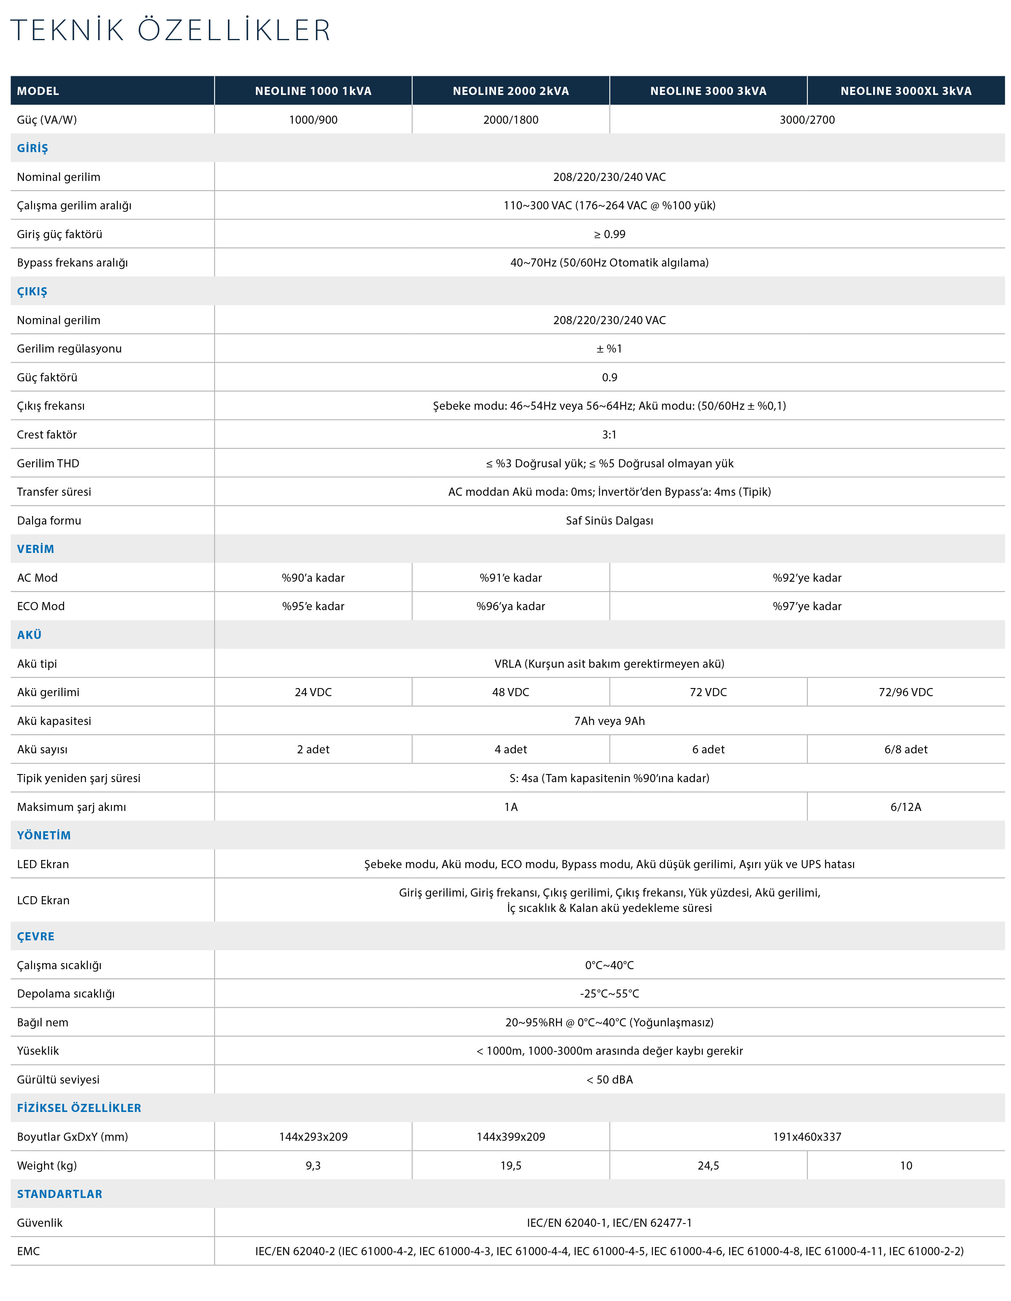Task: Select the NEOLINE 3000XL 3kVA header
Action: (x=905, y=91)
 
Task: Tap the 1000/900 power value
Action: (x=313, y=120)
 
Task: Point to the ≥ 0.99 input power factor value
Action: (x=609, y=234)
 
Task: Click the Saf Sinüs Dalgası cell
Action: (x=609, y=520)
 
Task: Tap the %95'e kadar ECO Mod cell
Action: (x=313, y=606)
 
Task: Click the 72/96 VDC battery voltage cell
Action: (x=905, y=692)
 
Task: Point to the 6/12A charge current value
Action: (x=905, y=807)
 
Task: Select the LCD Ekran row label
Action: (x=43, y=900)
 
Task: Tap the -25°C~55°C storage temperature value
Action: (x=609, y=993)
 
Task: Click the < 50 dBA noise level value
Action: (x=609, y=1080)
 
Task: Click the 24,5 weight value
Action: (x=708, y=1166)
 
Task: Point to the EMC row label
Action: (x=28, y=1251)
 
